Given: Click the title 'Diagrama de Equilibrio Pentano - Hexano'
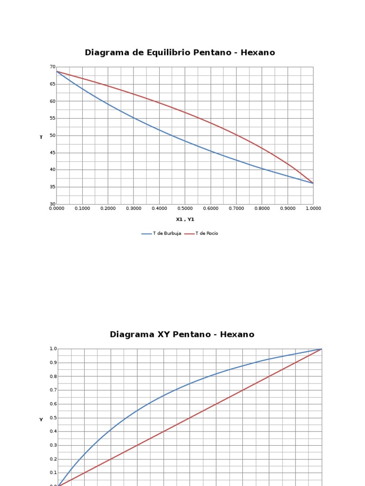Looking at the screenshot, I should tap(180, 53).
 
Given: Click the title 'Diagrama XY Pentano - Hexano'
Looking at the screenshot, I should tap(182, 335).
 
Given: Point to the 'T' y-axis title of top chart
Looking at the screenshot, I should tap(41, 137).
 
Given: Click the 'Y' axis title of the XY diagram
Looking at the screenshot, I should tap(41, 419).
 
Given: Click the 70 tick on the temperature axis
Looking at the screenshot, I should tap(52, 67).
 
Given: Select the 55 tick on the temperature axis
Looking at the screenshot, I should tap(52, 118).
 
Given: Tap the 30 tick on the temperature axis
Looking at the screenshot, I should tap(52, 204).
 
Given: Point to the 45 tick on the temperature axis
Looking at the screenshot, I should tap(52, 153).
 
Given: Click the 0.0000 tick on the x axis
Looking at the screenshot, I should tap(57, 208).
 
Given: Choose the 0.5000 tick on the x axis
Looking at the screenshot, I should tap(185, 208).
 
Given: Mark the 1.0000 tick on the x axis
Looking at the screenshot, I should tap(313, 208).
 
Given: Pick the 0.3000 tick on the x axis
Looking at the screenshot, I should tap(134, 208).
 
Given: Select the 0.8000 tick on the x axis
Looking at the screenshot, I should tap(262, 208).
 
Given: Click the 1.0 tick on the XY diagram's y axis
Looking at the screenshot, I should tap(54, 349).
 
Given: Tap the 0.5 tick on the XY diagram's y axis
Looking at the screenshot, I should tap(54, 418).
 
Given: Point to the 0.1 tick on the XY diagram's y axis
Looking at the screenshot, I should tap(54, 473).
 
